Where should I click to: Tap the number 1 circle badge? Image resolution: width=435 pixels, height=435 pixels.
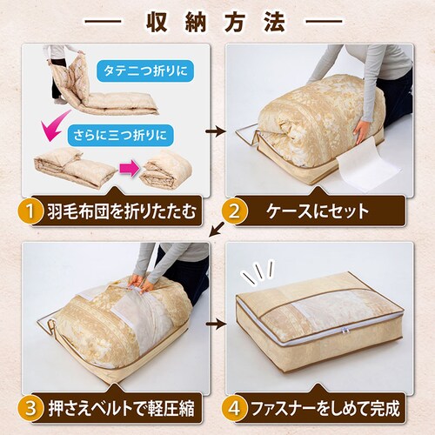[x=32, y=211]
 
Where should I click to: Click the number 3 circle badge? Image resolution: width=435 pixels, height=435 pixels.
[x=32, y=406]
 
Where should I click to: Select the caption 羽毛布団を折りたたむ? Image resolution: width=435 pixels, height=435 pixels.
[x=122, y=211]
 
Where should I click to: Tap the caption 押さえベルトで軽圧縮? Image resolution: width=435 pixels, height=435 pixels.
[x=122, y=406]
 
